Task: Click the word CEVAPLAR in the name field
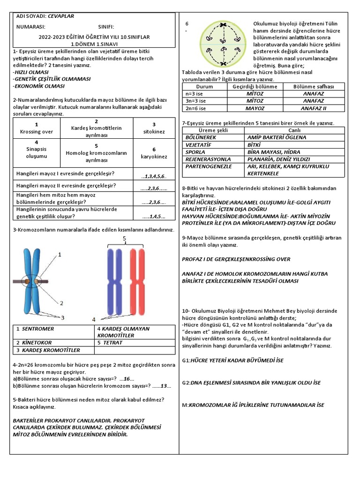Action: tap(61, 16)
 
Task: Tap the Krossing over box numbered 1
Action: tap(37, 128)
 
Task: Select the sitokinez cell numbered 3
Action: tap(154, 128)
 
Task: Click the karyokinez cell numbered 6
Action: tap(154, 153)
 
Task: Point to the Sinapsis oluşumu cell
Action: tap(37, 149)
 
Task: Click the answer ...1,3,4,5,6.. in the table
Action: tap(154, 176)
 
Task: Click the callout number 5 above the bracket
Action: tap(125, 239)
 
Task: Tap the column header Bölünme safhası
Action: tap(314, 87)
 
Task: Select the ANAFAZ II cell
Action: tap(314, 108)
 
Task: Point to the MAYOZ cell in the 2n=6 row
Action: tap(255, 108)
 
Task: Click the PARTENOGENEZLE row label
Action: tap(209, 166)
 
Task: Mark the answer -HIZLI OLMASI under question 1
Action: tap(31, 73)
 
